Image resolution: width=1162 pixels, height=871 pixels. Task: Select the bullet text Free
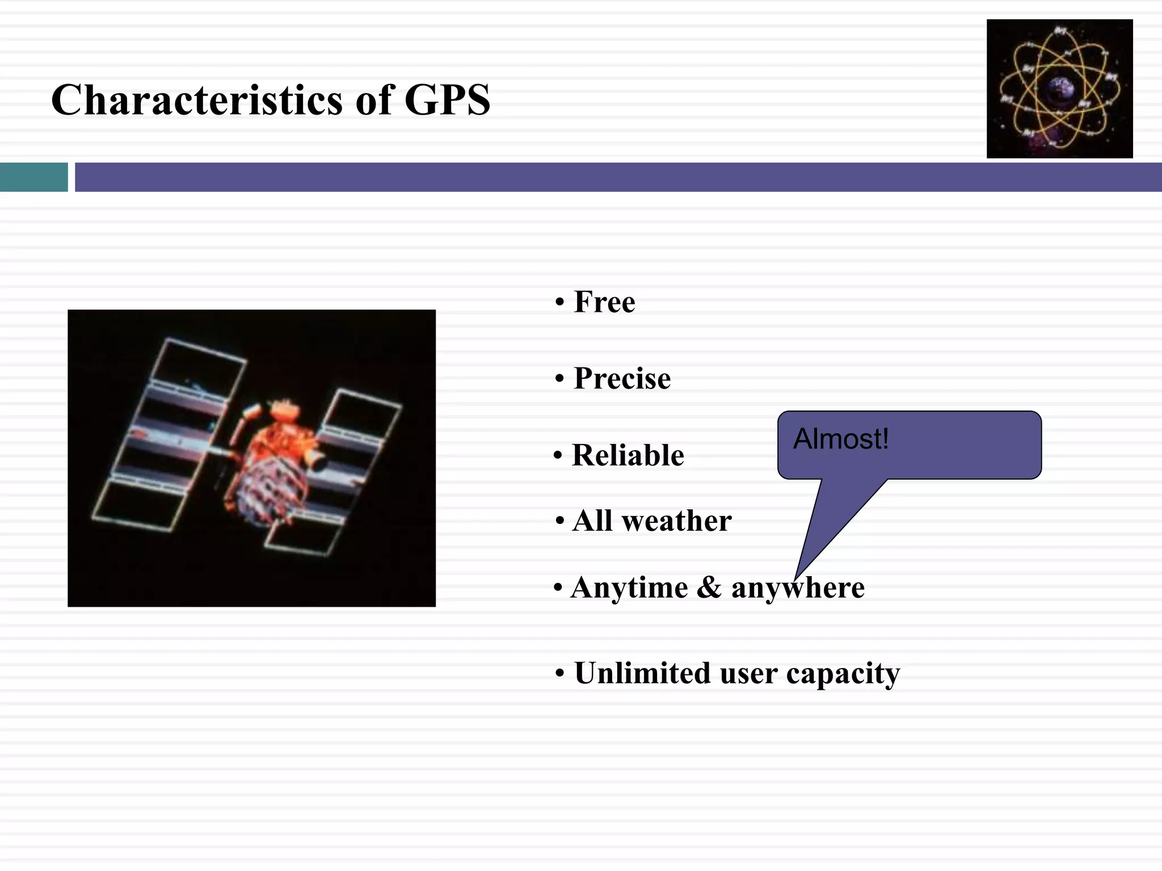pos(604,302)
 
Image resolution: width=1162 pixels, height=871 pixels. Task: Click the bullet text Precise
pos(622,378)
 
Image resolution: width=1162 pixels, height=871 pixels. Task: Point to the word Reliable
pos(628,455)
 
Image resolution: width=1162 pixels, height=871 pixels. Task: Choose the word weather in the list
pos(676,521)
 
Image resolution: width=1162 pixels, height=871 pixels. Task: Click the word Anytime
pos(629,587)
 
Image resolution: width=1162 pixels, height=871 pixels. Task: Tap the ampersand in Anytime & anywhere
pos(709,587)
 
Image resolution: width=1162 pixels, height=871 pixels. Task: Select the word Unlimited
pos(642,673)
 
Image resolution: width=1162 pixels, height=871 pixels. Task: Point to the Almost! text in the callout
pos(840,439)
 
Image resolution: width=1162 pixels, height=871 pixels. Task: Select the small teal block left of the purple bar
pos(33,177)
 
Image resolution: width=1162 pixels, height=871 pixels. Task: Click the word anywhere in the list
pos(798,587)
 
